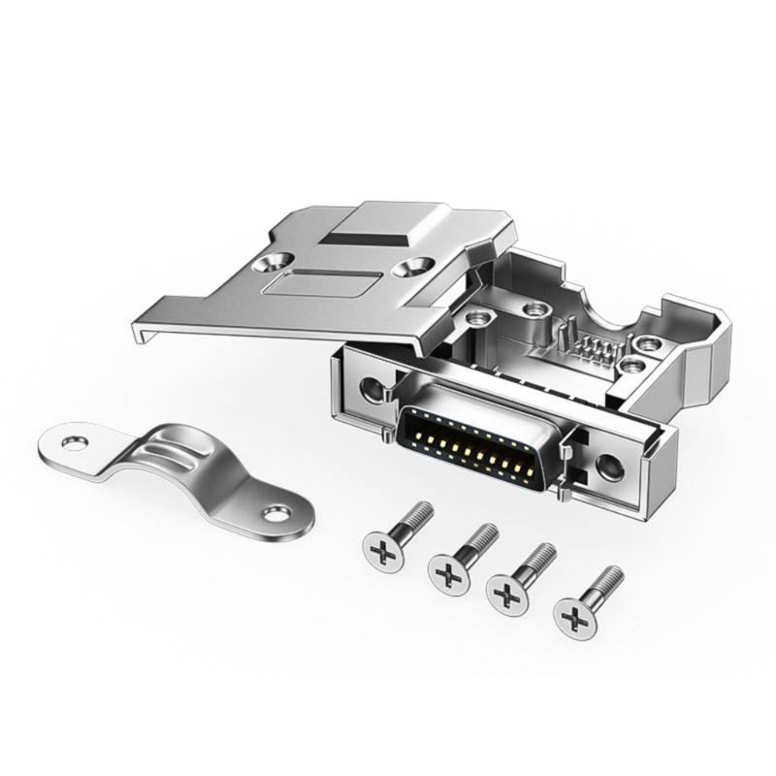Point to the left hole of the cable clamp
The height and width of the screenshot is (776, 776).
[71, 443]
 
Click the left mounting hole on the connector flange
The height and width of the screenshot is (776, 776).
[371, 388]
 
